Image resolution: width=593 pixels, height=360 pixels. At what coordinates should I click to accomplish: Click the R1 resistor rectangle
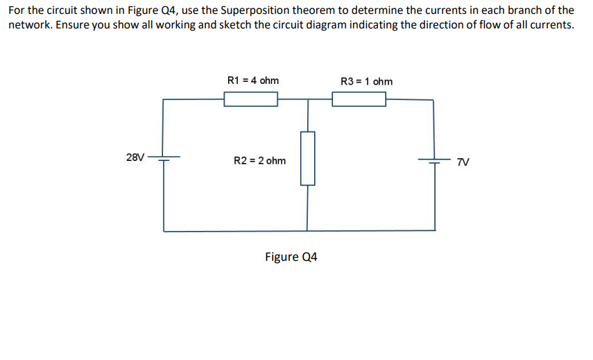click(x=250, y=100)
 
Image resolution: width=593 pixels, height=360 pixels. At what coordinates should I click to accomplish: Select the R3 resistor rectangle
click(x=359, y=100)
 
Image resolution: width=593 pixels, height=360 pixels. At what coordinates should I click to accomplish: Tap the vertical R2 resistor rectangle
click(x=307, y=158)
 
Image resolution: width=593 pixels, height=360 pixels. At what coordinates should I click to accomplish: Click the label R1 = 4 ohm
click(x=253, y=80)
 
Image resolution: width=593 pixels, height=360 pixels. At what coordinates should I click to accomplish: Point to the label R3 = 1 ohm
click(x=367, y=81)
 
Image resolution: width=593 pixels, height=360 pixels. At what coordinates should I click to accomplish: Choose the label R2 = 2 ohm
click(x=259, y=161)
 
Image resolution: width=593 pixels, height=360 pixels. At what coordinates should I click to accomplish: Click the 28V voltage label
click(x=136, y=157)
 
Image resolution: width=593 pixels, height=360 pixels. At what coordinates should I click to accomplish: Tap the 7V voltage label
click(x=463, y=162)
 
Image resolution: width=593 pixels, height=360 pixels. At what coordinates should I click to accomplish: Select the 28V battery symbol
click(x=164, y=157)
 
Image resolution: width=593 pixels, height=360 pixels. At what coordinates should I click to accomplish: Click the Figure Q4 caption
click(x=291, y=257)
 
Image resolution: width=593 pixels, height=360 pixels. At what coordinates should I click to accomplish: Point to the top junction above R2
click(x=307, y=99)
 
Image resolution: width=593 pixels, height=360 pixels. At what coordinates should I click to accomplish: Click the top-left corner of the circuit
click(x=164, y=99)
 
